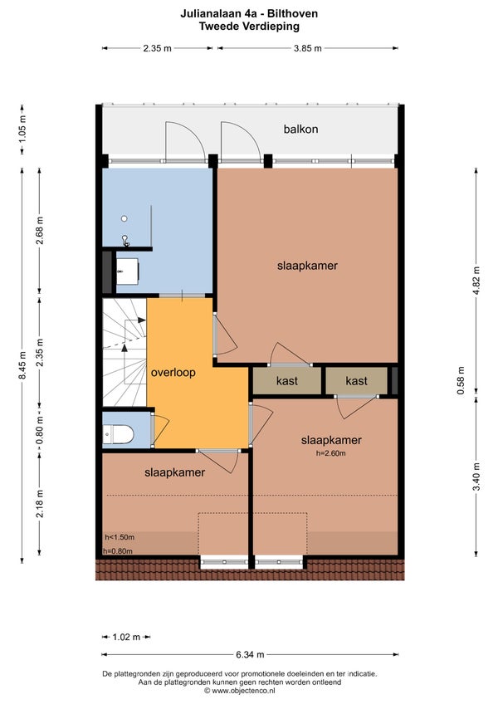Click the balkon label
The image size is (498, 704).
point(300,130)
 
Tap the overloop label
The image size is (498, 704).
point(173,373)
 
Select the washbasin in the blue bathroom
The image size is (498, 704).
point(128,271)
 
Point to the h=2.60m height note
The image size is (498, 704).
point(330,453)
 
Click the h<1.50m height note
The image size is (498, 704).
point(120,537)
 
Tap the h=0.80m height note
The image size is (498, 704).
point(118,551)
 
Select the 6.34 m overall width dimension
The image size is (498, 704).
point(250,655)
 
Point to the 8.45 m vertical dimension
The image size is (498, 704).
point(22,365)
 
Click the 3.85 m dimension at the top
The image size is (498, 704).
point(308,48)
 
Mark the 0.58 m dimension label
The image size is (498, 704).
point(461,381)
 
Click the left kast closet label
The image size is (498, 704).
point(287,381)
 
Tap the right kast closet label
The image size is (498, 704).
point(357,381)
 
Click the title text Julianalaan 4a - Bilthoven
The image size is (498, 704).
point(249,14)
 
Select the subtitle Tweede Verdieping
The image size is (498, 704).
point(249,26)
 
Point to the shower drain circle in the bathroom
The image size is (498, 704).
point(124,218)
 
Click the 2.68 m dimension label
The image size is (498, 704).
point(40,230)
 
